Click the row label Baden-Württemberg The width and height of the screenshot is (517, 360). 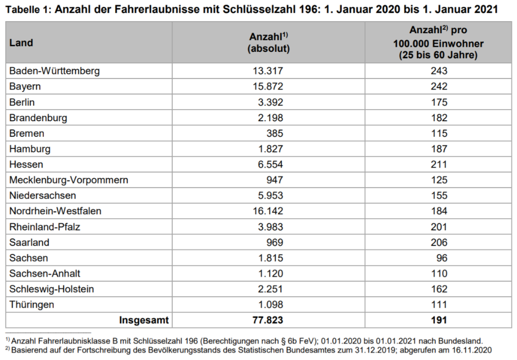(x=54, y=71)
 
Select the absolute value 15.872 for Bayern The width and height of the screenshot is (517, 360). (x=268, y=86)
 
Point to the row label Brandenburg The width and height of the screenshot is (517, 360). (x=38, y=118)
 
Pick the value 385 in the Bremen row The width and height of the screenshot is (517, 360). (x=275, y=133)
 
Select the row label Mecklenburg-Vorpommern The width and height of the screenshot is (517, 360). (x=68, y=180)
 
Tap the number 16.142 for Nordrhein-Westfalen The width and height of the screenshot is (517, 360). (x=268, y=211)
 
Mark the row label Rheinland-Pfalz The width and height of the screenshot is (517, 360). (x=45, y=227)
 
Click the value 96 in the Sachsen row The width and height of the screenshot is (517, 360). (x=442, y=258)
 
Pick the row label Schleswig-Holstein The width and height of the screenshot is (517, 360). (x=51, y=289)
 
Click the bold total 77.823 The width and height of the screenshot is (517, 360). (x=268, y=320)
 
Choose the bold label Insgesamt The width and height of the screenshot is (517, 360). (x=144, y=320)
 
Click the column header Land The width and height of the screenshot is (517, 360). (x=21, y=43)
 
